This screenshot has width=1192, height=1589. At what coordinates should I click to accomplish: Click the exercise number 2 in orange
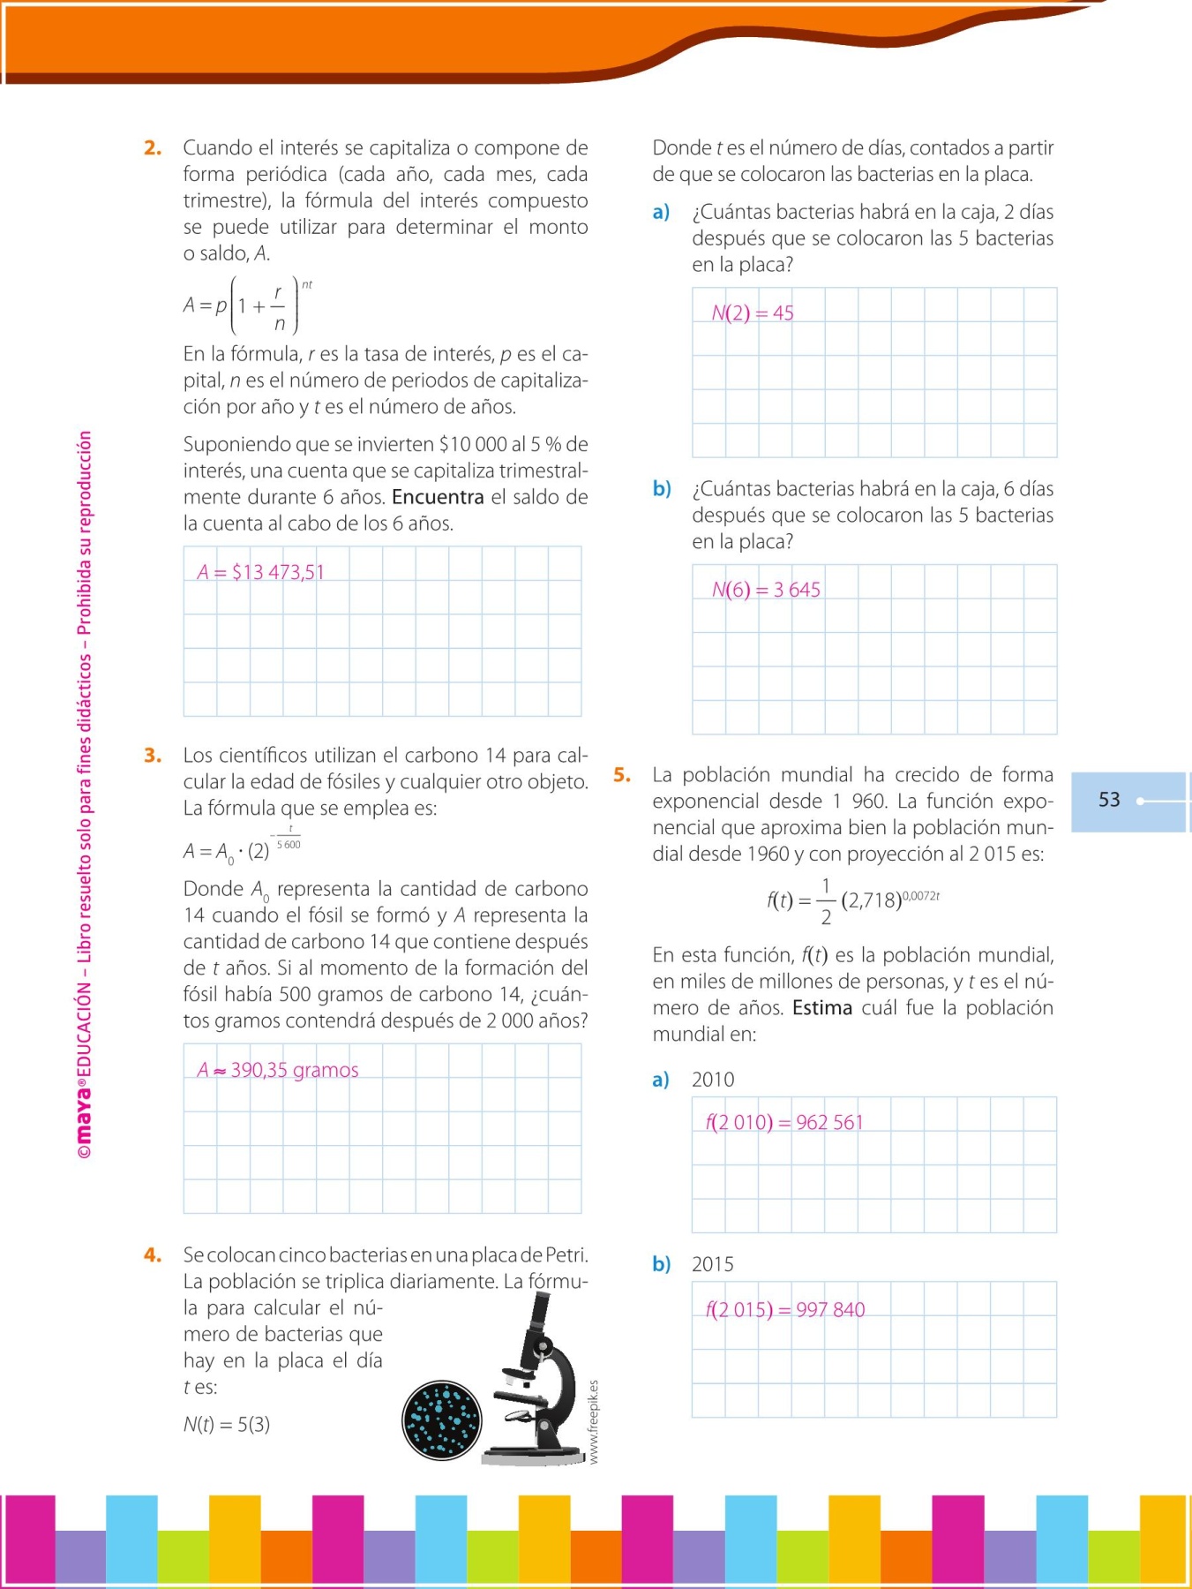coord(153,148)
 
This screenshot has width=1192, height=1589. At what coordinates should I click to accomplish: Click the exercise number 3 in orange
coord(153,756)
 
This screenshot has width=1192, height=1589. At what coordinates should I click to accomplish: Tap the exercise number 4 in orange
coord(153,1255)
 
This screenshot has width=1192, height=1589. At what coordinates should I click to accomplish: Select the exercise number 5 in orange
coord(622,775)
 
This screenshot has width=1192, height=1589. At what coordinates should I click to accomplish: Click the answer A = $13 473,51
coord(260,572)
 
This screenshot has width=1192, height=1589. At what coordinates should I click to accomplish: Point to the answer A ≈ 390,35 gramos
coord(278,1070)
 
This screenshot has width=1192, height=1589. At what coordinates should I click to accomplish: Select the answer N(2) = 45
coord(753,313)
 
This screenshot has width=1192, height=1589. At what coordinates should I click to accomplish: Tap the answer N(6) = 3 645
coord(766,590)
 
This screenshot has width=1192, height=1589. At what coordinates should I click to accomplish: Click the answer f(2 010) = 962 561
coord(783,1122)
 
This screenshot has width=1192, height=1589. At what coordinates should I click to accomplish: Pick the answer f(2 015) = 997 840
coord(784,1309)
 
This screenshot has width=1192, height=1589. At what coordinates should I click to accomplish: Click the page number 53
coord(1109,800)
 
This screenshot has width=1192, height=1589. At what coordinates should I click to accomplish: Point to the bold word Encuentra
coord(438,497)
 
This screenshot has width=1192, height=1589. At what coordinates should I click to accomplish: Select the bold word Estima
coord(821,1008)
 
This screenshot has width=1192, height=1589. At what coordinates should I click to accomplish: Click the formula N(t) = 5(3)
coord(227,1424)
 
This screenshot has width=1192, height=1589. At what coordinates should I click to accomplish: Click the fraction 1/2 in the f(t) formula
coord(826,900)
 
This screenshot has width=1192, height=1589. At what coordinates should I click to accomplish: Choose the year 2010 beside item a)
coord(713,1080)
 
